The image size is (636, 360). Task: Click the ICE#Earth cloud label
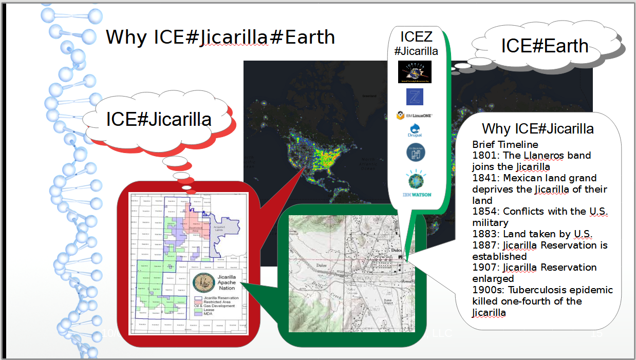pyautogui.click(x=545, y=46)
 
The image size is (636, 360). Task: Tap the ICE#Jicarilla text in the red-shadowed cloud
pyautogui.click(x=159, y=119)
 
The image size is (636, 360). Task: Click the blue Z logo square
pyautogui.click(x=414, y=97)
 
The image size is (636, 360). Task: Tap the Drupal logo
pyautogui.click(x=415, y=131)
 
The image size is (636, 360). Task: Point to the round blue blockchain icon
pyautogui.click(x=416, y=153)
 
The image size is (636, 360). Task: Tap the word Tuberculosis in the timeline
pyautogui.click(x=537, y=290)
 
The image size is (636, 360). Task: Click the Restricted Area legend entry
pyautogui.click(x=215, y=302)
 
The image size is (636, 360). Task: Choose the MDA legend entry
pyautogui.click(x=209, y=314)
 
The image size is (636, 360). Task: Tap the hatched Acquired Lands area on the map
pyautogui.click(x=225, y=232)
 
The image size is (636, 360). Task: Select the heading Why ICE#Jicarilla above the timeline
pyautogui.click(x=537, y=128)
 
